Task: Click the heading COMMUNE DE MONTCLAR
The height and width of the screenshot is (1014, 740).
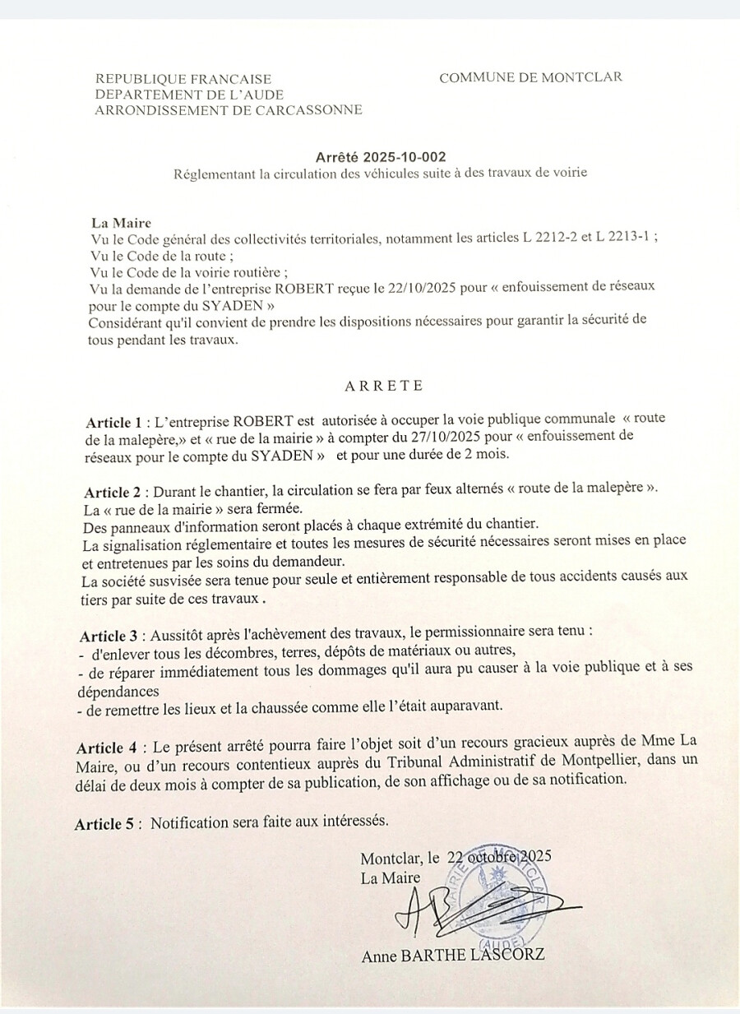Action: click(x=530, y=77)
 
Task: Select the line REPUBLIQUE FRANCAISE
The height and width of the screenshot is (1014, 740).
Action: click(x=183, y=80)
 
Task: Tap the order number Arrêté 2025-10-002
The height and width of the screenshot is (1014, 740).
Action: click(x=381, y=157)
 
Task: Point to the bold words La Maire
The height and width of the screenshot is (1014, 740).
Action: click(x=121, y=223)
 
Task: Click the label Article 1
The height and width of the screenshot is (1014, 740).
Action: click(x=113, y=423)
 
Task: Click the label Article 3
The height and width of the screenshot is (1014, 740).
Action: click(x=109, y=637)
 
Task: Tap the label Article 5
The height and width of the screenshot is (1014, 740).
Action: click(x=104, y=824)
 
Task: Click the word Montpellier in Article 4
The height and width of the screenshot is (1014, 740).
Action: click(x=599, y=760)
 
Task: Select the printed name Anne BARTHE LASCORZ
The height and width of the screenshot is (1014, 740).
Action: click(x=452, y=955)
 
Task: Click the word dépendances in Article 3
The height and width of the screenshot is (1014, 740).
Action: click(x=118, y=692)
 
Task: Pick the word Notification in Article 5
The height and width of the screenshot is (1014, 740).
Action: click(x=188, y=822)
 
